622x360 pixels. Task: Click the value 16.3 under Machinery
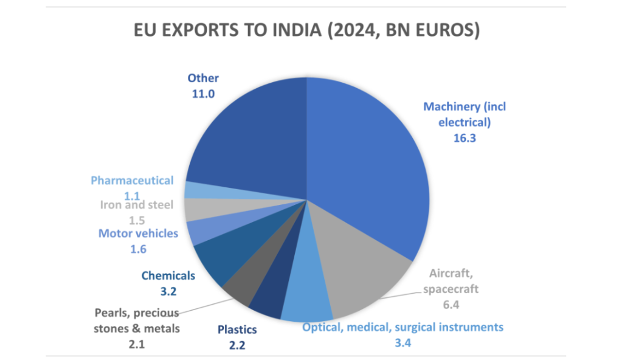[464, 138]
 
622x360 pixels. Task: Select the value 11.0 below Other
[203, 94]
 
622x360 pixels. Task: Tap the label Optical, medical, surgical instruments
[403, 327]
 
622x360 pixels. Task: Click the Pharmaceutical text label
[132, 181]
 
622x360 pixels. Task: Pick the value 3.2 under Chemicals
[168, 291]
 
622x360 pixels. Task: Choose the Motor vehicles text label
[138, 233]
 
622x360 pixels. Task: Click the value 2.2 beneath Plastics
[237, 345]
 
